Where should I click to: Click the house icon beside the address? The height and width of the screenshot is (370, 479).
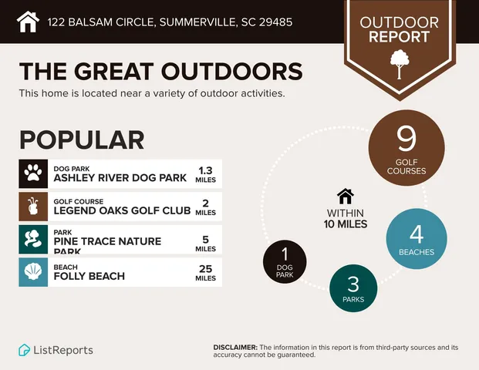28,22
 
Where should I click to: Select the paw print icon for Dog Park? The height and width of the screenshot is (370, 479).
32,173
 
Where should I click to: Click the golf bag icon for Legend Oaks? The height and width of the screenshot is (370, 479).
32,207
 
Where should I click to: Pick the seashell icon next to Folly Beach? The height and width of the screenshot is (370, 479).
32,272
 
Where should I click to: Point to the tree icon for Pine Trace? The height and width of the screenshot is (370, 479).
32,240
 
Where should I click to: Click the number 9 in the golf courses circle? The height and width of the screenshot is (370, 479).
406,139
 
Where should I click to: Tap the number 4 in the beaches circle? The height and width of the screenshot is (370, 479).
417,233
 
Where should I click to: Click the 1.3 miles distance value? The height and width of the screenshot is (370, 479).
205,170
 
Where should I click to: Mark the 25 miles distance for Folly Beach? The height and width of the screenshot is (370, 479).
205,267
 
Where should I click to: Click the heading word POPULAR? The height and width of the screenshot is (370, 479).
82,140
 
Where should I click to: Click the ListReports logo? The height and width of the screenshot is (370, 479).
56,350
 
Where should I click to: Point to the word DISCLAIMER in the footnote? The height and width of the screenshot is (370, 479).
235,348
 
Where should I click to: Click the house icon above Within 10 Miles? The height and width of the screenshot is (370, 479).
345,197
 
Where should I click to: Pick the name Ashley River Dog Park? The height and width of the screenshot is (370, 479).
120,177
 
